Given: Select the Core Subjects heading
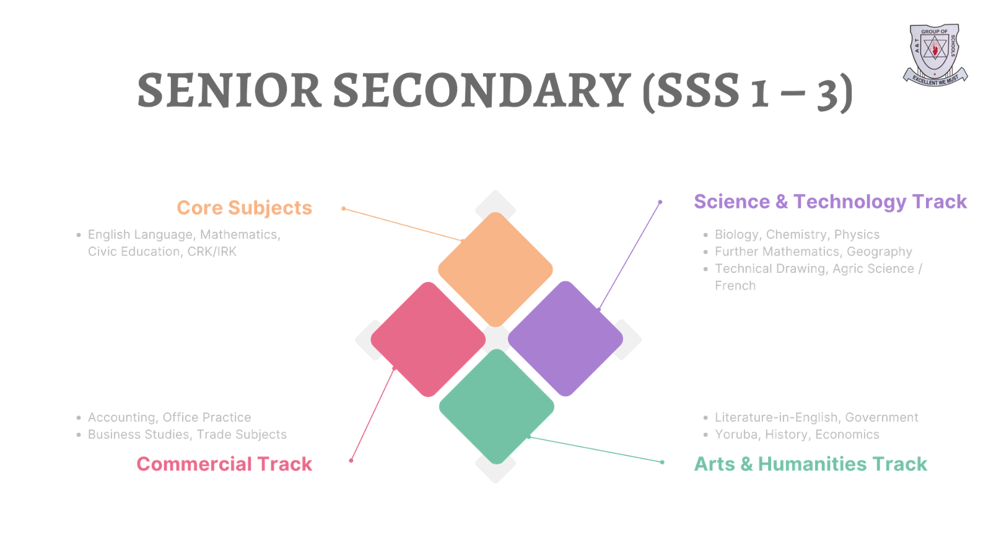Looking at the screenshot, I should [x=244, y=208].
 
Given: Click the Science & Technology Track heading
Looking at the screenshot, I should [x=830, y=201].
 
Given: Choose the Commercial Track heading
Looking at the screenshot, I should [x=224, y=464].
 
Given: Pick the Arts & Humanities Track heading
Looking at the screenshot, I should [x=810, y=464].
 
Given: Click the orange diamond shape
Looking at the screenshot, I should [x=495, y=269].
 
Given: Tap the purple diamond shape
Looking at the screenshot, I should [x=565, y=339].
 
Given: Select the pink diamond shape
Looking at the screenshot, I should [x=427, y=339].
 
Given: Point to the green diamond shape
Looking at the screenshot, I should [x=496, y=407].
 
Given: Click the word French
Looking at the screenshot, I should [x=735, y=286].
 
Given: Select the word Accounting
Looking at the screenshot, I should [x=121, y=417].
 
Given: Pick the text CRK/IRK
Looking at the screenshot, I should [x=212, y=252].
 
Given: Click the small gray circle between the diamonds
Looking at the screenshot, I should [x=496, y=339].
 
